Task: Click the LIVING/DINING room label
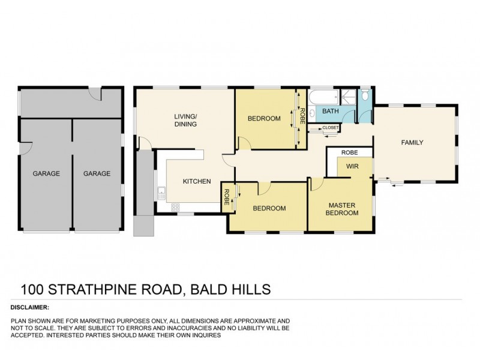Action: point(186,120)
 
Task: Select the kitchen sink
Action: point(161,193)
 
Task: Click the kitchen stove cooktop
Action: point(176,208)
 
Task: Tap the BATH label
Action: point(331,112)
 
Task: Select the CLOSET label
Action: point(331,128)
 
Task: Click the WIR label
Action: point(352,167)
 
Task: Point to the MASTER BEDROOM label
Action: point(342,208)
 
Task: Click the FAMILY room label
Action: point(413,143)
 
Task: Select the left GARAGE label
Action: point(46,173)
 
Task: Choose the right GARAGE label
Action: point(97,173)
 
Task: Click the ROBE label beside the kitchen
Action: point(227,198)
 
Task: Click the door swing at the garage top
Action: point(95,95)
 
